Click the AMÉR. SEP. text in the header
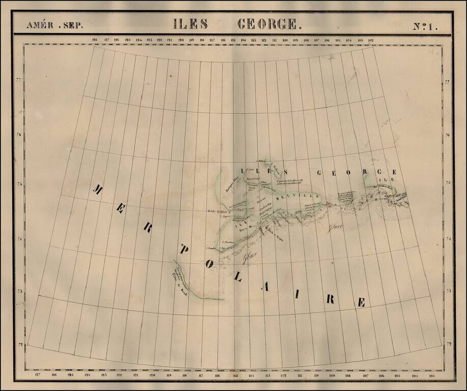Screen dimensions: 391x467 point(54,25)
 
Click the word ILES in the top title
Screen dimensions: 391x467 point(190,23)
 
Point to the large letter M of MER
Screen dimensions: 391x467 point(97,189)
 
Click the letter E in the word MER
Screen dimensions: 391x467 point(121,209)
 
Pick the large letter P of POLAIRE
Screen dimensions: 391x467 point(185,250)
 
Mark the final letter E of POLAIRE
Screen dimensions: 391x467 point(361,302)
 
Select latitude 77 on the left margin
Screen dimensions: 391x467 point(19,81)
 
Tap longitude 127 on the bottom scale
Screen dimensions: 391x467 point(38,375)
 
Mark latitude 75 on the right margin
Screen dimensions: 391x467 point(448,182)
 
